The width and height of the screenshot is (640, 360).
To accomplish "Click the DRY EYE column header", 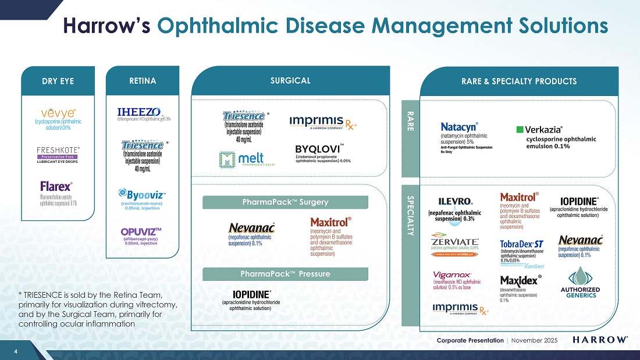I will point(57,81).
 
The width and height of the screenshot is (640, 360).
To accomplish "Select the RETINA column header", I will point(143,81).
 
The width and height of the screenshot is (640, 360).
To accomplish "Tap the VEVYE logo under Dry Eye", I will point(57,112).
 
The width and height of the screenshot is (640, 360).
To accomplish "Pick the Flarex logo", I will point(56,187).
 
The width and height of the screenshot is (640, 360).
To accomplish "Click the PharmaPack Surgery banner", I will point(285,202).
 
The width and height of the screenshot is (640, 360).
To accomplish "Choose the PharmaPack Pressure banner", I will point(285,273).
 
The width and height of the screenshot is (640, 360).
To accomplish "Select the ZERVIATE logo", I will point(455,241).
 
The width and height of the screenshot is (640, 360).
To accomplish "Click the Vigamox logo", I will point(452,275).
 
